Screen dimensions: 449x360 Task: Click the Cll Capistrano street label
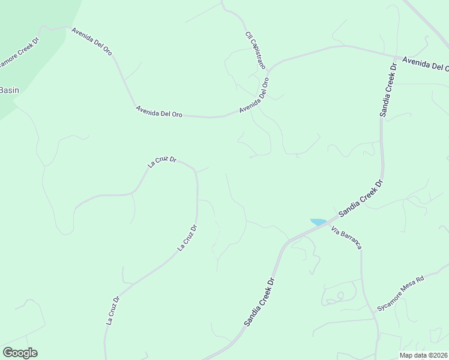point(255,50)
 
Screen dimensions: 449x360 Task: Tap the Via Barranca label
point(346,239)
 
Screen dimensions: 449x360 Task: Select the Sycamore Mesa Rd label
point(400,293)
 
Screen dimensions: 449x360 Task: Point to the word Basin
point(9,91)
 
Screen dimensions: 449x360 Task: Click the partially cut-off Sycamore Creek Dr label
point(19,52)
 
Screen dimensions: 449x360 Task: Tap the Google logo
point(20,353)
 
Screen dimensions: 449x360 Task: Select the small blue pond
point(318,222)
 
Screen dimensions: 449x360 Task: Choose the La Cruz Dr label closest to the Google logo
point(113,311)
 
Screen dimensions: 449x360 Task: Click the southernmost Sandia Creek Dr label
point(259,302)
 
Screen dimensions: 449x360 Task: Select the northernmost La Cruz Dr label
point(162,161)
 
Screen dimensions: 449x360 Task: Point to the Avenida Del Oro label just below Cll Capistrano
point(254,95)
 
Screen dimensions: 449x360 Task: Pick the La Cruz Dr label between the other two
point(187,238)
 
